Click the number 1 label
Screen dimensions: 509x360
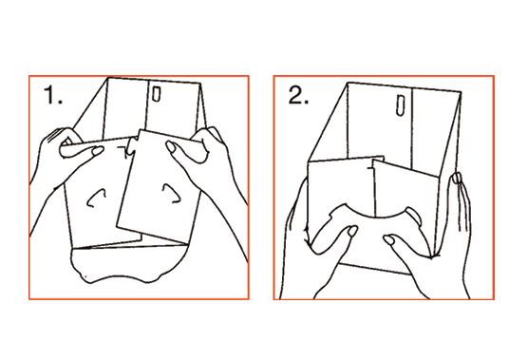pos(53,95)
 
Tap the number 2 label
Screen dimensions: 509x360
pos(298,95)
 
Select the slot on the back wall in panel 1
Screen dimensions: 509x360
pos(156,94)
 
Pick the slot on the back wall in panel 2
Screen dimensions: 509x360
pos(401,104)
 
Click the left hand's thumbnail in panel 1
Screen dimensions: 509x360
pos(98,151)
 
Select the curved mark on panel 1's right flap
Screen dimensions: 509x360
pos(171,194)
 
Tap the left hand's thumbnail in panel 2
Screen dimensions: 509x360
pos(352,231)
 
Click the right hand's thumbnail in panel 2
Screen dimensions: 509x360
pos(389,240)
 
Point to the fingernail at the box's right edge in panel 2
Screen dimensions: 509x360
pos(457,179)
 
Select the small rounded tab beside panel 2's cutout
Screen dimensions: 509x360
pos(414,216)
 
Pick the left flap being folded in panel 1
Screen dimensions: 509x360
pos(98,193)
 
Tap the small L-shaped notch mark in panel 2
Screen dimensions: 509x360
pos(370,167)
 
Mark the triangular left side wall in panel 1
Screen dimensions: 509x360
pos(91,108)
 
